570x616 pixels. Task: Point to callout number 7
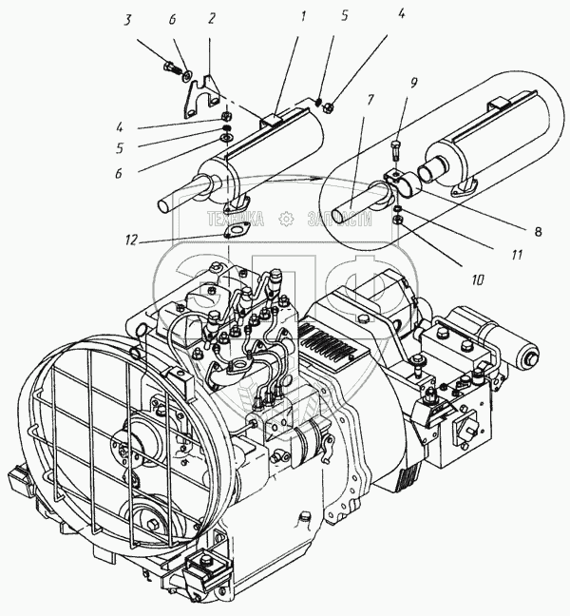pos(368,98)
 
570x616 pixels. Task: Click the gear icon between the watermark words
pos(284,220)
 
